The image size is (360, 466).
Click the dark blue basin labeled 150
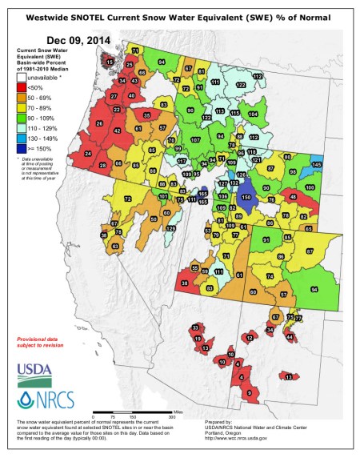pyautogui.click(x=246, y=197)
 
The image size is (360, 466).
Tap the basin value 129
pyautogui.click(x=169, y=228)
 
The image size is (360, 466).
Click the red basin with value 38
pyautogui.click(x=186, y=283)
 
